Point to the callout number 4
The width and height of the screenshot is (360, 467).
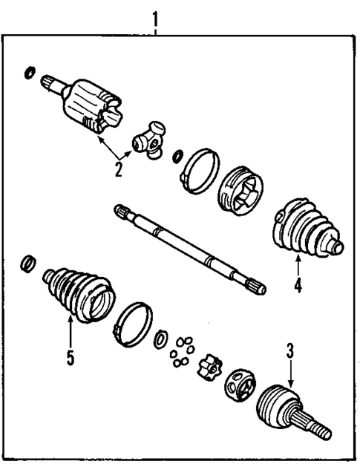[298, 284]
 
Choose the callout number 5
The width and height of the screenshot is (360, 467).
[70, 358]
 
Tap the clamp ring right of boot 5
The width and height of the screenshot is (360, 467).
[133, 325]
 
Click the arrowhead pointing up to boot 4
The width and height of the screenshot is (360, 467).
[298, 258]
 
